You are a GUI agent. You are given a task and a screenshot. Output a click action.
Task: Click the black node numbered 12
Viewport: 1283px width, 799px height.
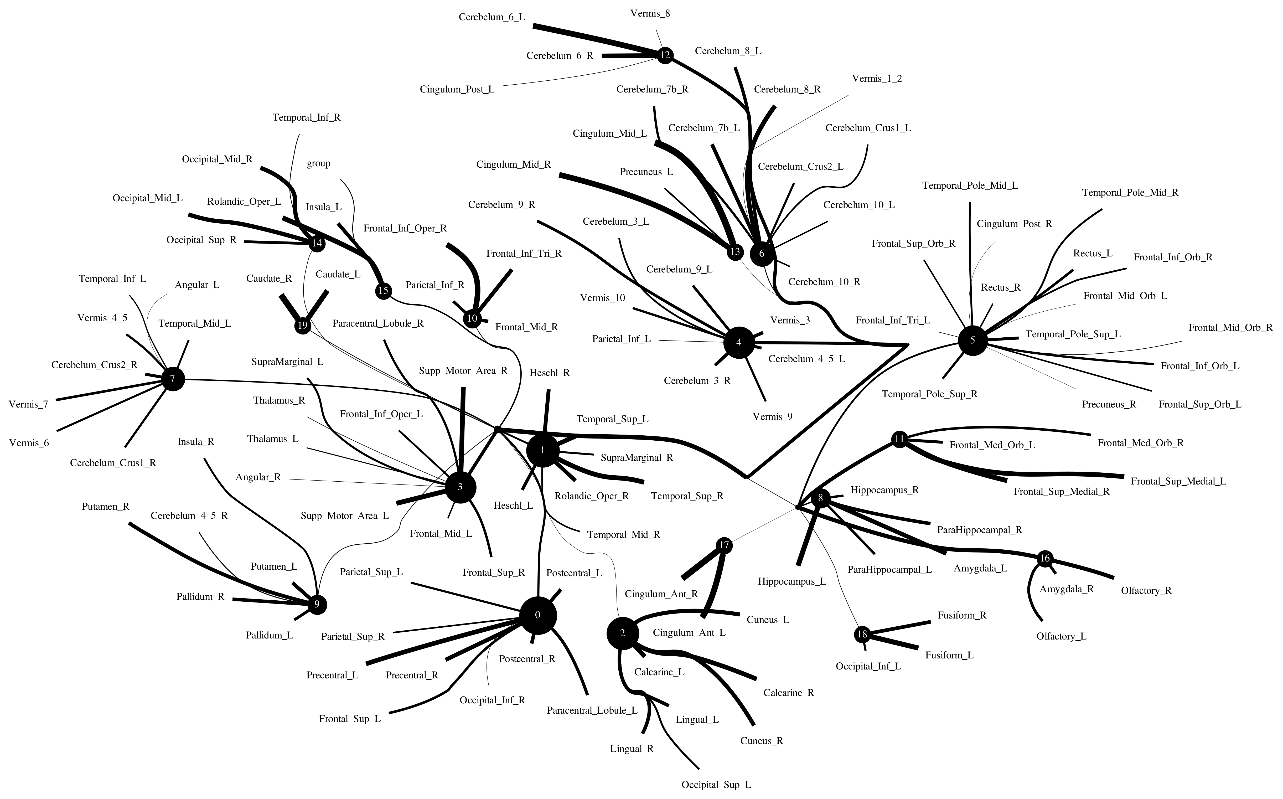(665, 55)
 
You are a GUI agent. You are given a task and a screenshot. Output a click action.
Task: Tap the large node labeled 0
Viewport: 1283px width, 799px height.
(538, 615)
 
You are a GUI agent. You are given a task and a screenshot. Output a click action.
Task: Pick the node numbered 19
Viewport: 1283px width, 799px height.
(302, 325)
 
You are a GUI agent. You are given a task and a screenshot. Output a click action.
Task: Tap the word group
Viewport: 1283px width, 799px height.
(318, 163)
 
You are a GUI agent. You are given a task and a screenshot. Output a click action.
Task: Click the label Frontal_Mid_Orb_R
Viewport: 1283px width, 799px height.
(1230, 328)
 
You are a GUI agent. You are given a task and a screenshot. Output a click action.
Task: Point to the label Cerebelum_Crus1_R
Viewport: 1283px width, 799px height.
(113, 463)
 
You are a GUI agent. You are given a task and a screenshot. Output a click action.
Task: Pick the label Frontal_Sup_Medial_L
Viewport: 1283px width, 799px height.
(1178, 481)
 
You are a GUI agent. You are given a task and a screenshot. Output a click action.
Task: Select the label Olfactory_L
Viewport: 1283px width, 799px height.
(1061, 636)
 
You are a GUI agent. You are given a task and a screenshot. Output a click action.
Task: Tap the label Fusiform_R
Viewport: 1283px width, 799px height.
(962, 615)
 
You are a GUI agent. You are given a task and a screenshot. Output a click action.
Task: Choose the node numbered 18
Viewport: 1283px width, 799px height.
(862, 634)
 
